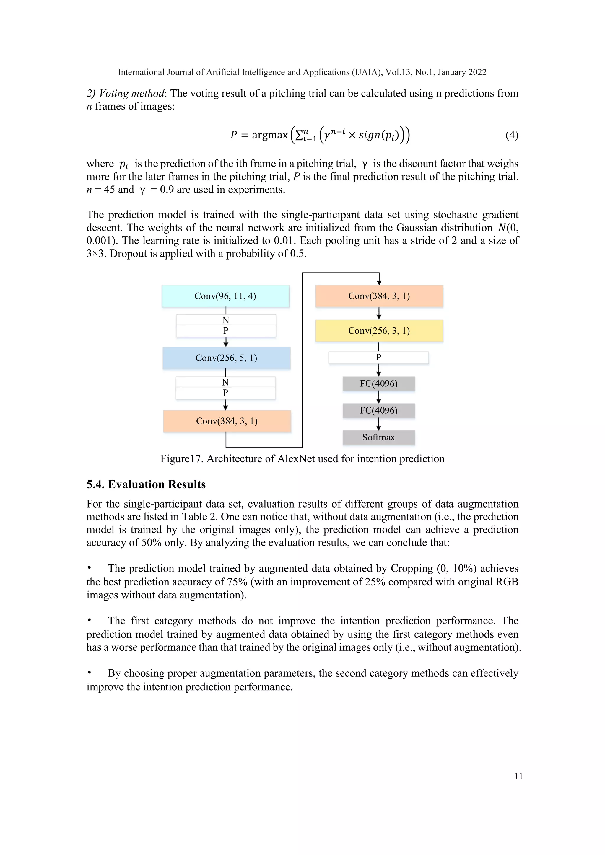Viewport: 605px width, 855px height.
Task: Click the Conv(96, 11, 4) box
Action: click(225, 296)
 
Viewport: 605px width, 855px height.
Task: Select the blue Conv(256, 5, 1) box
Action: click(226, 358)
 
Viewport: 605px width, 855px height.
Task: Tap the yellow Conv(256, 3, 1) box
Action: click(379, 331)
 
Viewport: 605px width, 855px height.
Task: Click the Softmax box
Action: click(378, 437)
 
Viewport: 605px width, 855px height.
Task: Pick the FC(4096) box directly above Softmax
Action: click(378, 410)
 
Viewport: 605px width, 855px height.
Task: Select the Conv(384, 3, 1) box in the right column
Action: click(379, 296)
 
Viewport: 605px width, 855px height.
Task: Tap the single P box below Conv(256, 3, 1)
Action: click(378, 358)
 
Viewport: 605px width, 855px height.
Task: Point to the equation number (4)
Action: click(511, 135)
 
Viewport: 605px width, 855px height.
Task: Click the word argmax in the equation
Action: click(270, 135)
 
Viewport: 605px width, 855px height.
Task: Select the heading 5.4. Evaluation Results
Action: click(146, 484)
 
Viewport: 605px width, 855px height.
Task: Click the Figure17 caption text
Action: click(302, 459)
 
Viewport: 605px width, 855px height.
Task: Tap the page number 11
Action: click(518, 776)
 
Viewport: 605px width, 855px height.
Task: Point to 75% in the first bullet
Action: click(237, 582)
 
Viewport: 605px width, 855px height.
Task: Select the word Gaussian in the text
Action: click(417, 228)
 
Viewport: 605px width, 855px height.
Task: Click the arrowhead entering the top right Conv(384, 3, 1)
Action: click(379, 283)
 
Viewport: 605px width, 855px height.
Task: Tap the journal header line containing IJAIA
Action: click(302, 72)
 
